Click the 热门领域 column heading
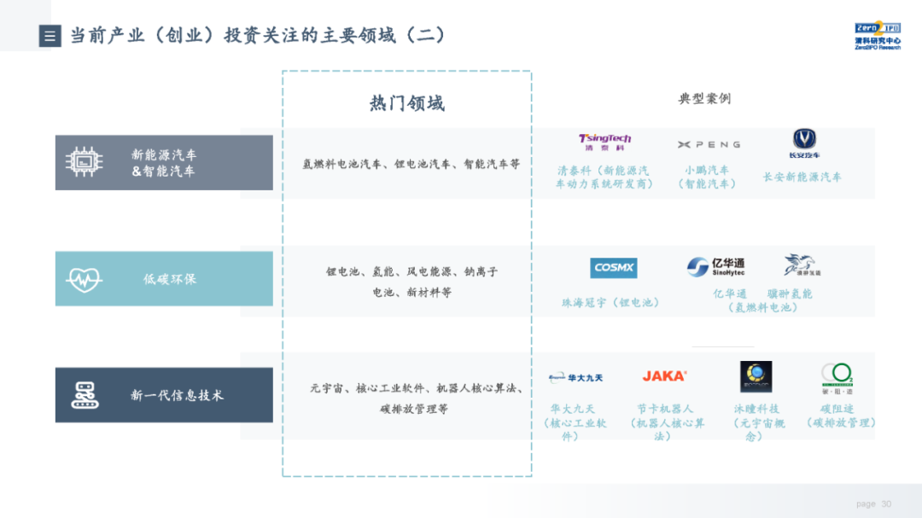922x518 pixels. [x=406, y=103]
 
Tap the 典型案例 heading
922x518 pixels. [x=704, y=99]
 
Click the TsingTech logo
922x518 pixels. [x=604, y=142]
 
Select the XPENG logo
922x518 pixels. [x=709, y=144]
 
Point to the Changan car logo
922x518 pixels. [x=804, y=143]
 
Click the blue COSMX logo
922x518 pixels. [x=613, y=268]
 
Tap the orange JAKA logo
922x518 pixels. [x=664, y=375]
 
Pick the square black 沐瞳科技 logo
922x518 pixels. [x=756, y=376]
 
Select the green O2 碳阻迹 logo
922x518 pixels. [x=837, y=376]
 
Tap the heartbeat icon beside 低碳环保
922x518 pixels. [x=84, y=279]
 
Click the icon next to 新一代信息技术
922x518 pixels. [x=85, y=395]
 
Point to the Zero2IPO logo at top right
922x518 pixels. [x=877, y=36]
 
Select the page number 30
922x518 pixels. [x=886, y=503]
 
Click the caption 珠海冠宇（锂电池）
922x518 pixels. [x=610, y=302]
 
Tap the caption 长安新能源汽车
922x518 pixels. [x=802, y=177]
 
